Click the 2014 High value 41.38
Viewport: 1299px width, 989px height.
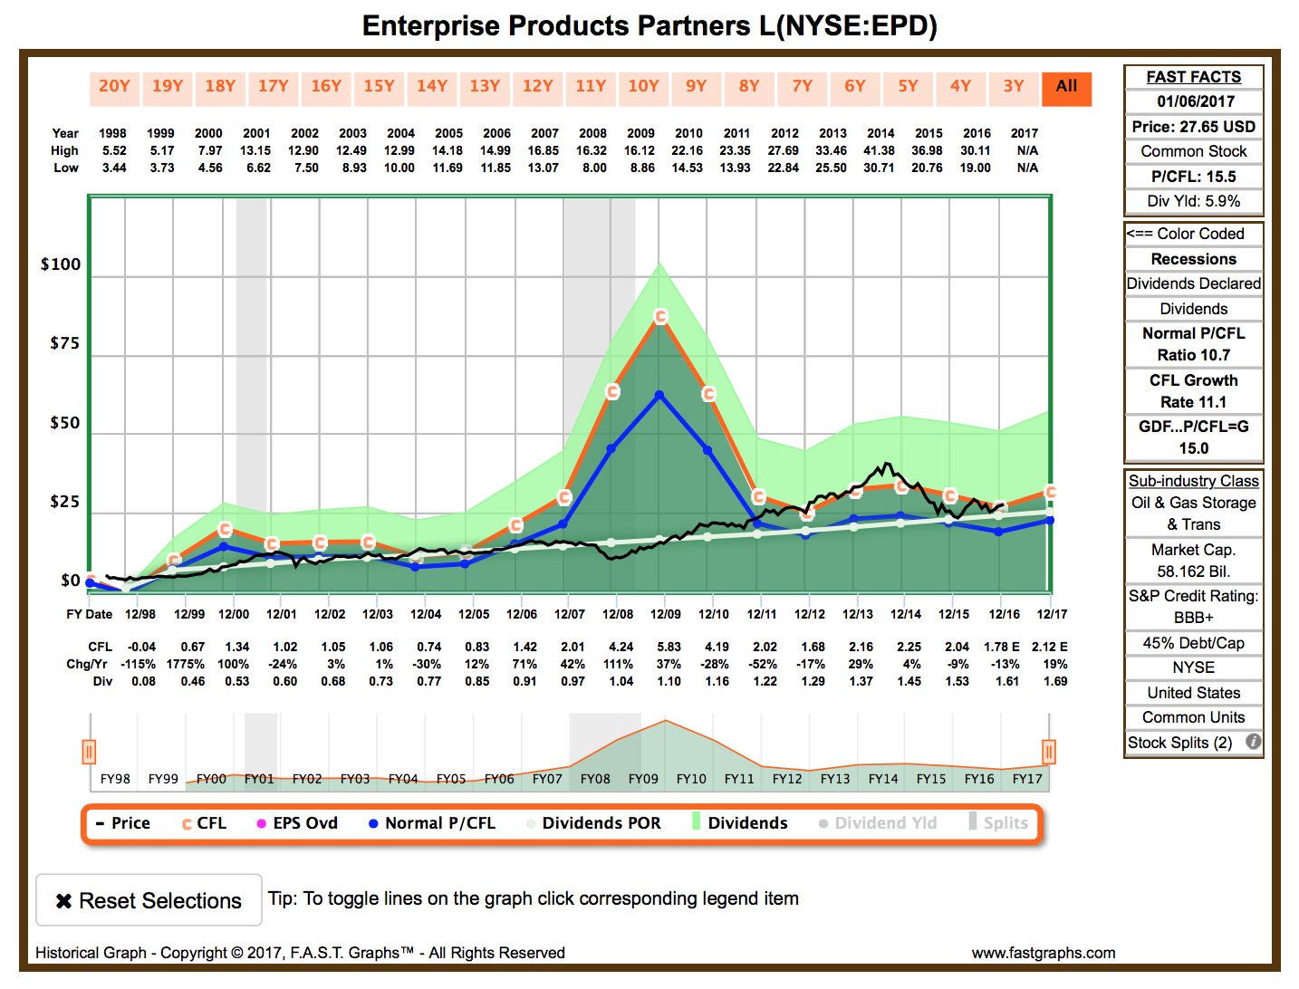(x=879, y=151)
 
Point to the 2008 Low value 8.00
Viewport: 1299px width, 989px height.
(x=594, y=168)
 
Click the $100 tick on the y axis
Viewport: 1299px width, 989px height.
(x=61, y=264)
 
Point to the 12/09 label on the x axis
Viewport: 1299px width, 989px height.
(x=665, y=614)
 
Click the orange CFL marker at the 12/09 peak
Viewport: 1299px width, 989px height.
(x=660, y=316)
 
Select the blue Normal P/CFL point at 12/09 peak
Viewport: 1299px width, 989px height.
(x=659, y=395)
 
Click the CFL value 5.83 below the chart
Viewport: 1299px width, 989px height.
(x=669, y=648)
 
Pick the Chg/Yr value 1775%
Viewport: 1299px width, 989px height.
(x=185, y=664)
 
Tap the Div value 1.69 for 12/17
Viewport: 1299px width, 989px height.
(x=1055, y=681)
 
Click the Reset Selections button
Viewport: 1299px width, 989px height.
(x=149, y=899)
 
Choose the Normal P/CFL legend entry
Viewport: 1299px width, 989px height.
(x=432, y=822)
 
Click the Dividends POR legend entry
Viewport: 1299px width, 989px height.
(x=593, y=822)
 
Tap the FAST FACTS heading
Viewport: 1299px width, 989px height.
(x=1193, y=78)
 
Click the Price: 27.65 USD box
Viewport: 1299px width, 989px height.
(x=1193, y=127)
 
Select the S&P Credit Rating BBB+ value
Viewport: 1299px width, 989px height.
(x=1193, y=618)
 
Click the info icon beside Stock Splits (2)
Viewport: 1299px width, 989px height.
(x=1252, y=742)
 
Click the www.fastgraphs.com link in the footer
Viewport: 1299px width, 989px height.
(x=1043, y=953)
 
